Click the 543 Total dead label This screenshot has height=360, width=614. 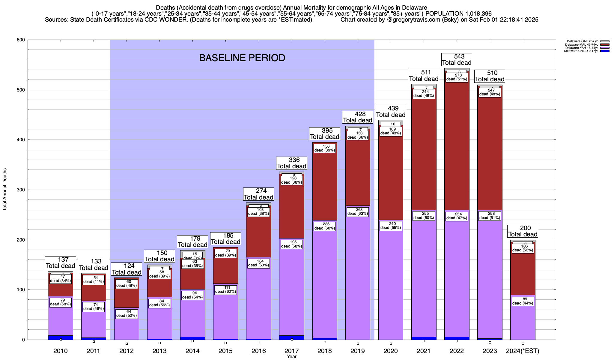coord(457,59)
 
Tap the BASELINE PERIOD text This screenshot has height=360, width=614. coord(242,58)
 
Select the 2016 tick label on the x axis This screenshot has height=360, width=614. coord(258,351)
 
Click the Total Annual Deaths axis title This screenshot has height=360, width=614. coord(5,189)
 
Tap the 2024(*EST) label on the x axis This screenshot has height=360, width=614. coord(523,351)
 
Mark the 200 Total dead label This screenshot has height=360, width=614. coord(523,231)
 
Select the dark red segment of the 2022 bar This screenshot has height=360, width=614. coord(457,144)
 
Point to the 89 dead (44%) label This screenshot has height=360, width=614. coord(523,301)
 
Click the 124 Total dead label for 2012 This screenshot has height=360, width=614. coord(127,269)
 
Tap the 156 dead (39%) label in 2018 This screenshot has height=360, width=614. coord(325,148)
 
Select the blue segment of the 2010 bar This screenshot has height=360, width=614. coord(61,337)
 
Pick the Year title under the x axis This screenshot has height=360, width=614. coord(291,357)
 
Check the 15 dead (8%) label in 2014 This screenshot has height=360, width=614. coord(192,256)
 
